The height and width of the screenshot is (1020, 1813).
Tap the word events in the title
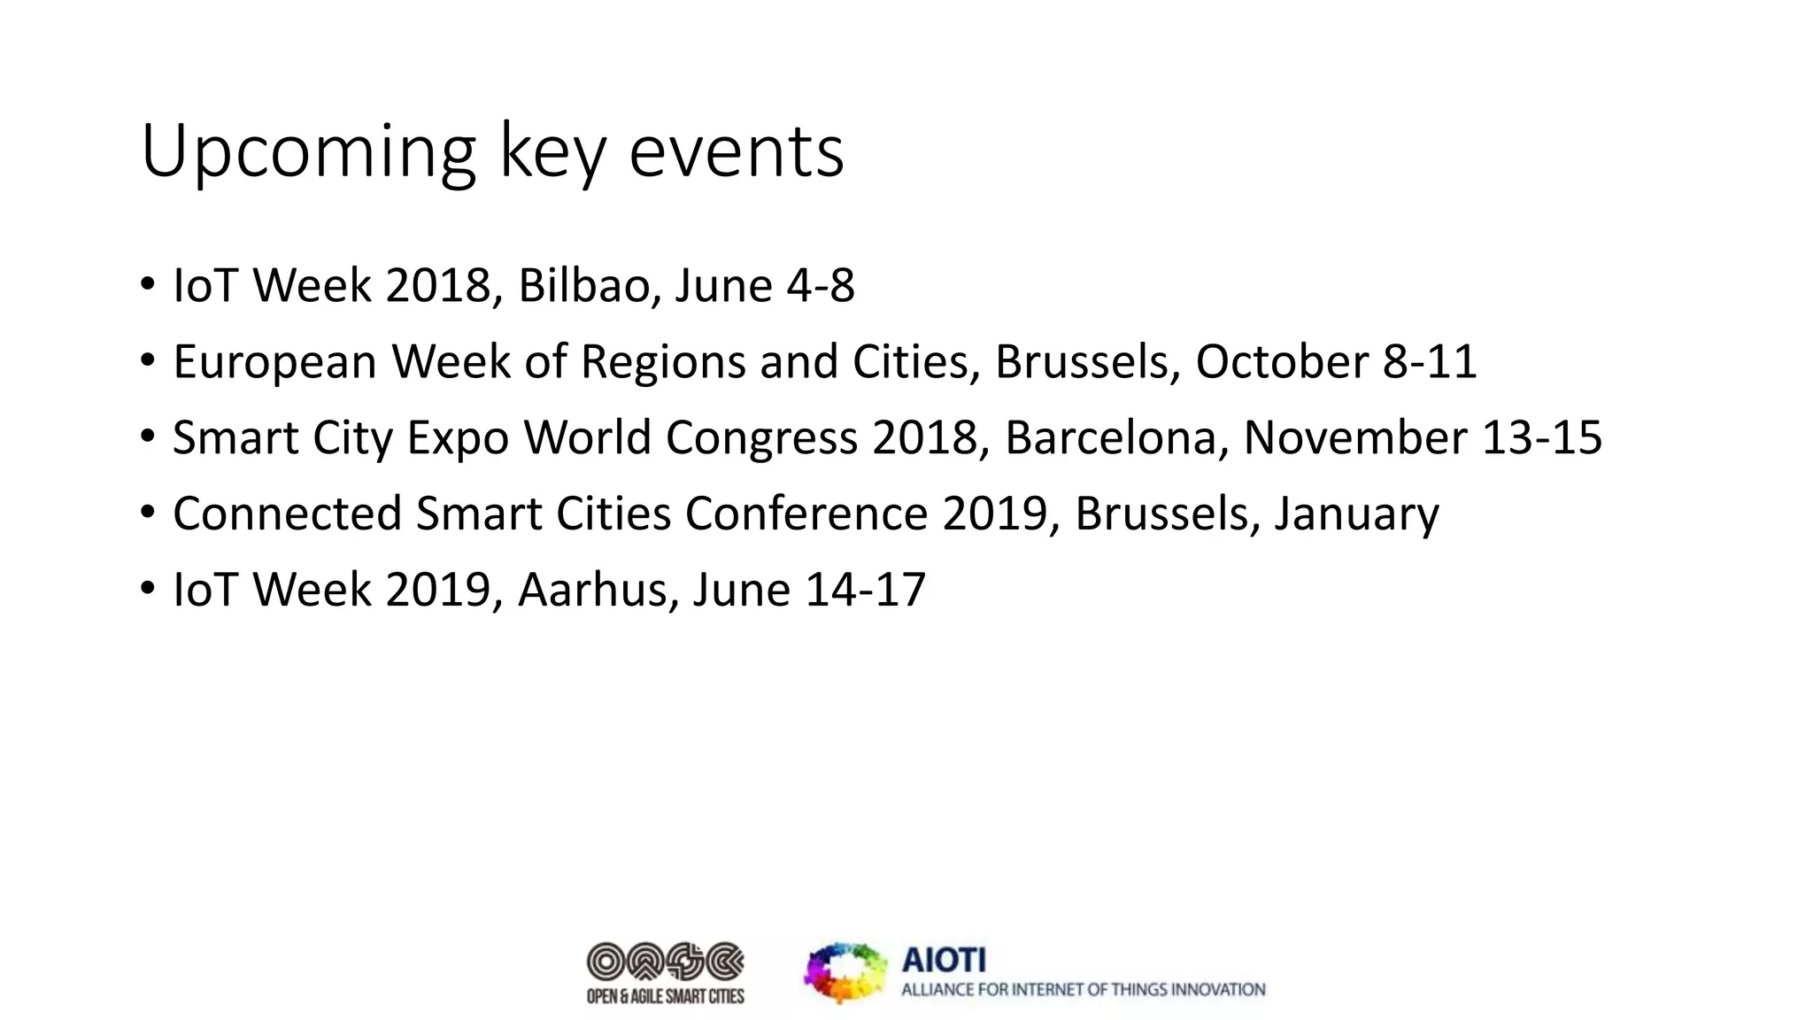pos(737,152)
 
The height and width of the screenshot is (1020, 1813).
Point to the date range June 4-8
pos(765,286)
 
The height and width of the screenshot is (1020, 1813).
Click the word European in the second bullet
pos(274,362)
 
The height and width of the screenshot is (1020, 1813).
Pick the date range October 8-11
pos(1336,362)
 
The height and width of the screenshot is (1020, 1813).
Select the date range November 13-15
pos(1423,438)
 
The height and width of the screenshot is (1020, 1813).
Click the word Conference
pos(806,514)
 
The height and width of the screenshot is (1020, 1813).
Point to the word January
pos(1356,514)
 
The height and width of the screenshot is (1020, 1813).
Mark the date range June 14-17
pos(809,591)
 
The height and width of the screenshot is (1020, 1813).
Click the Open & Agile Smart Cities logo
pos(666,972)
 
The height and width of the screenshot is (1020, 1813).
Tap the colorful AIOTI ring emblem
pos(845,972)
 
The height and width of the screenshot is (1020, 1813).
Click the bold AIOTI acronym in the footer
pos(944,960)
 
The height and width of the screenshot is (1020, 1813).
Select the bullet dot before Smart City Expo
pos(147,437)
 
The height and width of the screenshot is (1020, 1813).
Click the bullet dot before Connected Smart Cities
pos(147,513)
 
